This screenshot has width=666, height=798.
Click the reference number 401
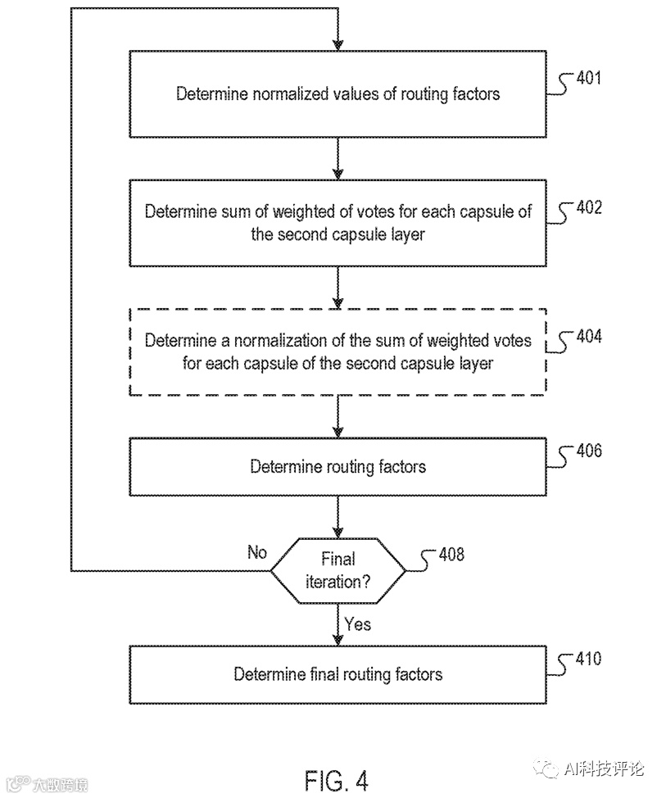click(589, 78)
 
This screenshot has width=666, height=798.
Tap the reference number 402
click(589, 207)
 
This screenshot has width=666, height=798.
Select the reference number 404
click(589, 336)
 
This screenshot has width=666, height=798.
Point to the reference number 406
click(589, 450)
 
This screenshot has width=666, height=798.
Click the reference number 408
click(451, 554)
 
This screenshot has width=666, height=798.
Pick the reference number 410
click(589, 659)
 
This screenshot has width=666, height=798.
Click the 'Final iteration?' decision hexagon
click(338, 570)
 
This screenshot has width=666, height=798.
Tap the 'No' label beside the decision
click(257, 551)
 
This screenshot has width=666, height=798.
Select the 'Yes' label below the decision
click(357, 624)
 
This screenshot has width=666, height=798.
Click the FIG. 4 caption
click(337, 780)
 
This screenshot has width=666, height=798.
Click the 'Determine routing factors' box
click(338, 467)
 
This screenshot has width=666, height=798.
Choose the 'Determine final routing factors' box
click(338, 675)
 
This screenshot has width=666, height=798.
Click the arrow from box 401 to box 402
click(338, 158)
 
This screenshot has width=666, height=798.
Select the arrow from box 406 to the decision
click(338, 517)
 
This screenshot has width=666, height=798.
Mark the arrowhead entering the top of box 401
click(338, 46)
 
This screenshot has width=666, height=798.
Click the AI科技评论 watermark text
click(604, 769)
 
